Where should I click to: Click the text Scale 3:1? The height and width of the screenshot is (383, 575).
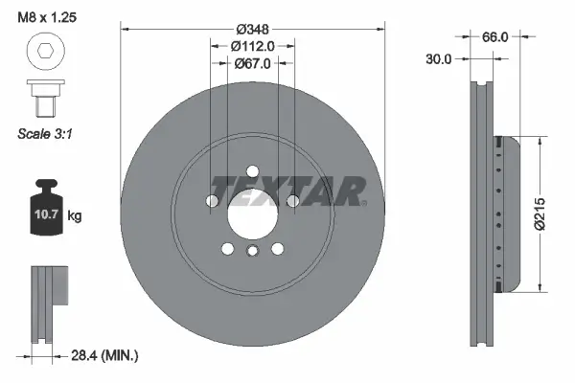tap(44, 134)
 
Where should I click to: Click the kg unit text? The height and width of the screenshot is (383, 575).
tap(75, 216)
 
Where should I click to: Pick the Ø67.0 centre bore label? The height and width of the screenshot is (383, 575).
tap(253, 63)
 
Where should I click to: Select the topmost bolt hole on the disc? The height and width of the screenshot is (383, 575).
tap(252, 172)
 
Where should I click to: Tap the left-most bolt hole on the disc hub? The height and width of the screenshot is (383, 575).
tap(212, 201)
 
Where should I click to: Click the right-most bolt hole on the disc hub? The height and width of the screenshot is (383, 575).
tap(293, 201)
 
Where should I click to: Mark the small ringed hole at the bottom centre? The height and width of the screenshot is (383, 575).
tap(252, 252)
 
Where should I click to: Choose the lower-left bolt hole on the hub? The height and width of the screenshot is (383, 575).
tap(227, 249)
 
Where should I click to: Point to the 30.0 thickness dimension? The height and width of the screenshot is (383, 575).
tap(439, 57)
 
